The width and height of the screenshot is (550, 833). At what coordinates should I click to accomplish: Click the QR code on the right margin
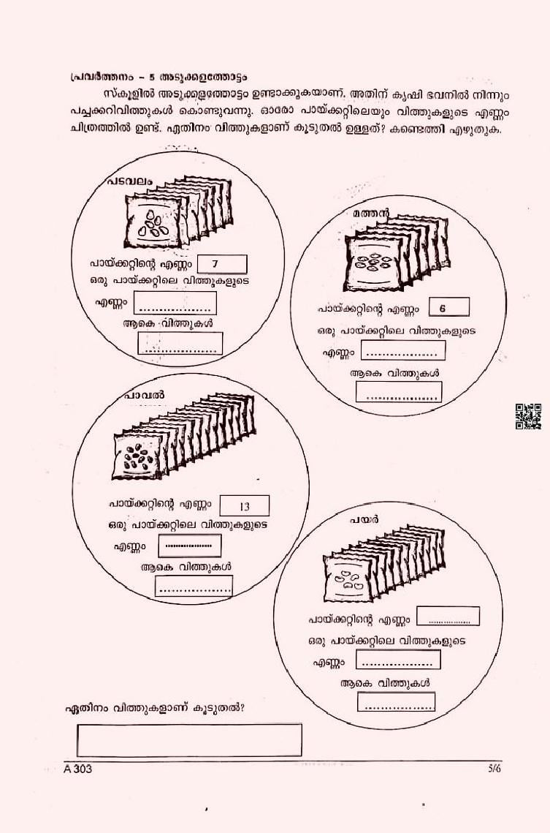[x=528, y=416]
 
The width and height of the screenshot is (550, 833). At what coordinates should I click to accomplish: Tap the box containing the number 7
[x=222, y=264]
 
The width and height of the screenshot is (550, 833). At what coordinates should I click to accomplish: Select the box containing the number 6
[x=448, y=307]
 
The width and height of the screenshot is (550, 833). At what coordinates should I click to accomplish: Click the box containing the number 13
[x=244, y=506]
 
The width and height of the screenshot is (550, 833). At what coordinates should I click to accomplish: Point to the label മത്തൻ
[x=371, y=214]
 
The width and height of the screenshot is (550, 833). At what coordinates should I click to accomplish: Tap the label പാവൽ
[x=145, y=395]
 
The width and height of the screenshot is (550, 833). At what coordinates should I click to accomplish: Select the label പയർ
[x=364, y=519]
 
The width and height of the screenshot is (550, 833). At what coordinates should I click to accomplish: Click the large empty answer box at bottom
[x=189, y=739]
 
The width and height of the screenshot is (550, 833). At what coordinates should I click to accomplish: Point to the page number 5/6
[x=494, y=768]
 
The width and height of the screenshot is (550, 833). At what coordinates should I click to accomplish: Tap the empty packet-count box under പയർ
[x=448, y=617]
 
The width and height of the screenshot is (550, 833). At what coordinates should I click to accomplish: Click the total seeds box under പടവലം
[x=180, y=343]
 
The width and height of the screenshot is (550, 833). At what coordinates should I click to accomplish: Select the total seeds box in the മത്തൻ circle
[x=398, y=391]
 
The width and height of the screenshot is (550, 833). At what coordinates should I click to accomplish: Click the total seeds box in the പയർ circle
[x=396, y=701]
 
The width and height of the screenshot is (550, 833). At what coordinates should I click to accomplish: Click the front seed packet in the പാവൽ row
[x=139, y=456]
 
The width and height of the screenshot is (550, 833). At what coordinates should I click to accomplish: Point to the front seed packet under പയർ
[x=351, y=578]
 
